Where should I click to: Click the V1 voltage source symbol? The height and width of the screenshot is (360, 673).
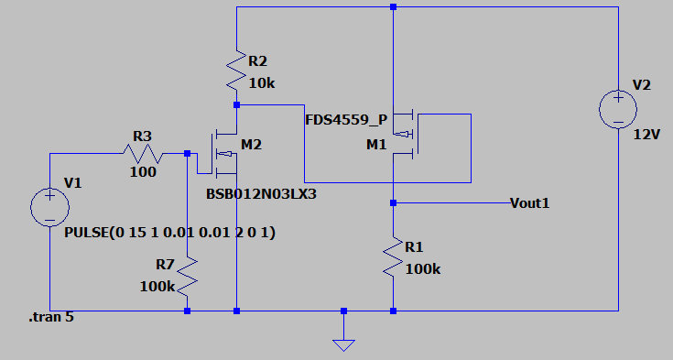tap(49, 207)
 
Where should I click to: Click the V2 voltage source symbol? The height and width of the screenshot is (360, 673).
tap(618, 109)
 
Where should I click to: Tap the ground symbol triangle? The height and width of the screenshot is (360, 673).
tap(343, 345)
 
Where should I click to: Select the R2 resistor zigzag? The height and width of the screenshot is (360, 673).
tap(236, 71)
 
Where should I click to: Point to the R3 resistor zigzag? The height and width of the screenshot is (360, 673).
tap(143, 154)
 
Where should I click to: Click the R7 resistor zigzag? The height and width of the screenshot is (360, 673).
tap(187, 277)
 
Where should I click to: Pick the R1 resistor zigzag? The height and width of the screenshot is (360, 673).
tap(393, 256)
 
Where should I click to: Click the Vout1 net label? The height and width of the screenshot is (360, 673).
tap(529, 202)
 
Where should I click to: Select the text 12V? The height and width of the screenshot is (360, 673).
tap(646, 135)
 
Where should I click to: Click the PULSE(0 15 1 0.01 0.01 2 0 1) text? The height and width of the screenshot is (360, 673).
tap(170, 233)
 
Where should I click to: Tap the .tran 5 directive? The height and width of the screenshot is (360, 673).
tap(51, 317)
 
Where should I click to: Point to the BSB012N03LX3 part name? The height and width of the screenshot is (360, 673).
tap(261, 194)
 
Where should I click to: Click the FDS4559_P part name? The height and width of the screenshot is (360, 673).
tap(346, 120)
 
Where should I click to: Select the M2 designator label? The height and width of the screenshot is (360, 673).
tap(251, 145)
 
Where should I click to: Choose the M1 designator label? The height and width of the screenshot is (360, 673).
tap(376, 145)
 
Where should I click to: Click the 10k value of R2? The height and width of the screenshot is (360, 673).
tap(262, 83)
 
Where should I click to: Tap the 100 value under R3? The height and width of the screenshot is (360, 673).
tap(143, 172)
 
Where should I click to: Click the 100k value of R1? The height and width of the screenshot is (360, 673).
tap(423, 269)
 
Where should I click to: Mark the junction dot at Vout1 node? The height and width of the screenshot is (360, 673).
tap(393, 202)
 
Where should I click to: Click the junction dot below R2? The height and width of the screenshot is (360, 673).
tap(236, 104)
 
